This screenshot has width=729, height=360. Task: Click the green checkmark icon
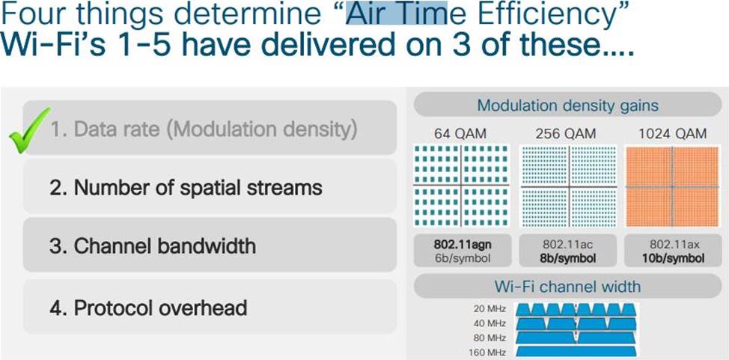[29, 131]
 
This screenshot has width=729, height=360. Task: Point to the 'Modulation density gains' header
[567, 105]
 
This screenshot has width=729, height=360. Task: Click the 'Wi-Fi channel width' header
[567, 286]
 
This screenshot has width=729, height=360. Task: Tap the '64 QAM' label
[460, 134]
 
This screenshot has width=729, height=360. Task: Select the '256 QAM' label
[565, 134]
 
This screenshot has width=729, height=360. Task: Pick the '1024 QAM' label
[672, 134]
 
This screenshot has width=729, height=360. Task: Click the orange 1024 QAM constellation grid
[672, 186]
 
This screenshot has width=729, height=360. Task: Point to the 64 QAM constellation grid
[461, 186]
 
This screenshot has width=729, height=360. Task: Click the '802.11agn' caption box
[462, 251]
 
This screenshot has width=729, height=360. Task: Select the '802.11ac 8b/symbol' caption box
[567, 251]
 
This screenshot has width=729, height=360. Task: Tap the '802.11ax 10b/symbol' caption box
[672, 251]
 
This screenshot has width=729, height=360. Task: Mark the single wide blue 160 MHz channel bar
[576, 352]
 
